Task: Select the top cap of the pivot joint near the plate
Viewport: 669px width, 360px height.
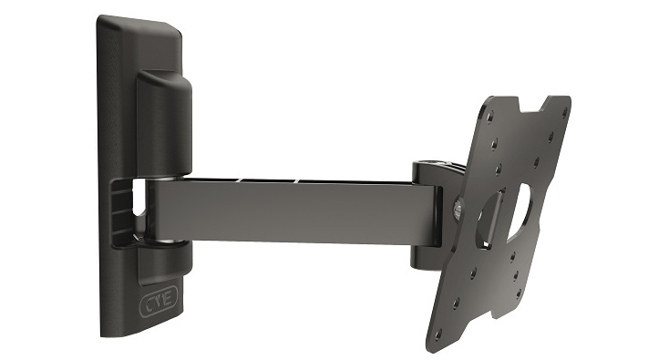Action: click(431, 168)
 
